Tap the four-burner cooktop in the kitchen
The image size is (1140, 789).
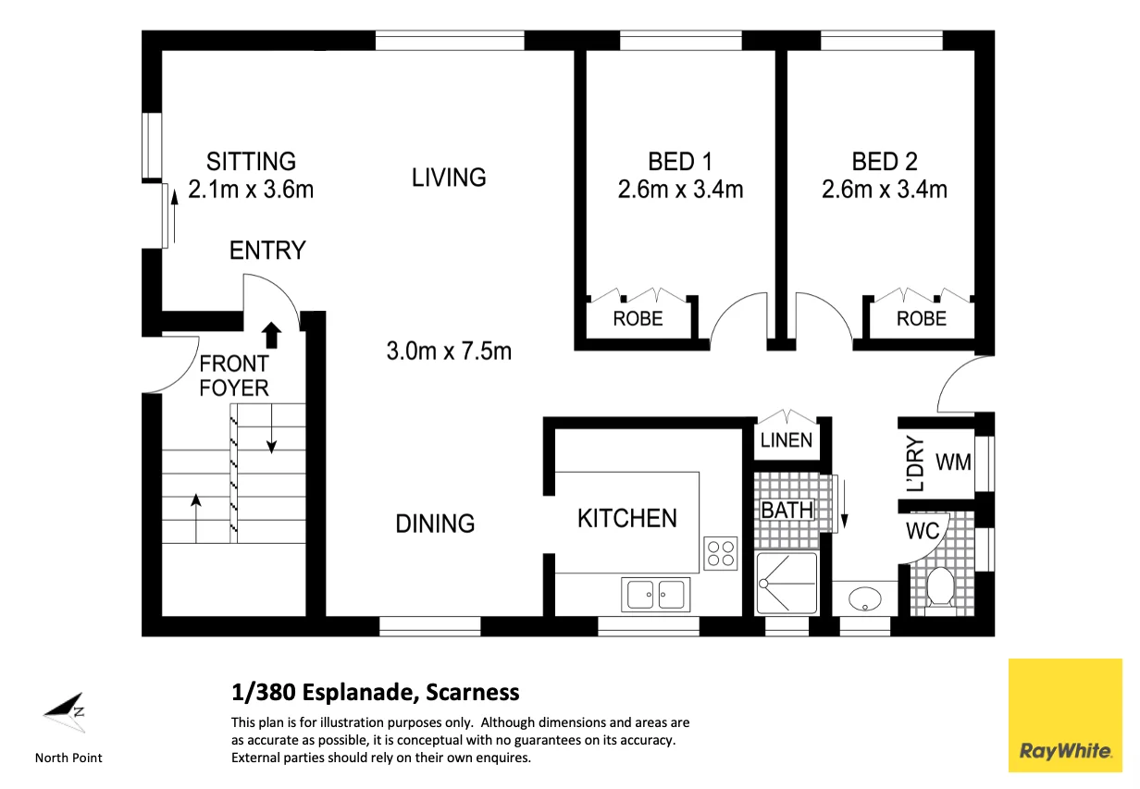721,553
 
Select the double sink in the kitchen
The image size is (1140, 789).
655,594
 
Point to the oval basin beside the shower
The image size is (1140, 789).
865,598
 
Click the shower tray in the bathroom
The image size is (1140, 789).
787,584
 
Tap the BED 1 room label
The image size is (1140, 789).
680,162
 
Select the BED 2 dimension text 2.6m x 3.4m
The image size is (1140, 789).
885,190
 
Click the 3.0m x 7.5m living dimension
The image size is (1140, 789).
449,351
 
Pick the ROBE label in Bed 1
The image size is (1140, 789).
638,318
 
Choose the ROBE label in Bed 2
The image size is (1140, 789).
922,318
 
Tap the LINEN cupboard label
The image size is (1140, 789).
787,440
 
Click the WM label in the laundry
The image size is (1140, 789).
954,462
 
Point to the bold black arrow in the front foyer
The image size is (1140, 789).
271,335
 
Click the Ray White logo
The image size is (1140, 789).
1065,715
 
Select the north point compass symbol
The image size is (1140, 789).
66,712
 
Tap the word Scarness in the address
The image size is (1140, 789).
472,693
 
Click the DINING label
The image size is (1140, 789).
435,524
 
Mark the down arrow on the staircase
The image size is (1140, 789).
271,428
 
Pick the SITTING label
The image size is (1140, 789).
251,162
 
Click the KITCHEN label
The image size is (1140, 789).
627,518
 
